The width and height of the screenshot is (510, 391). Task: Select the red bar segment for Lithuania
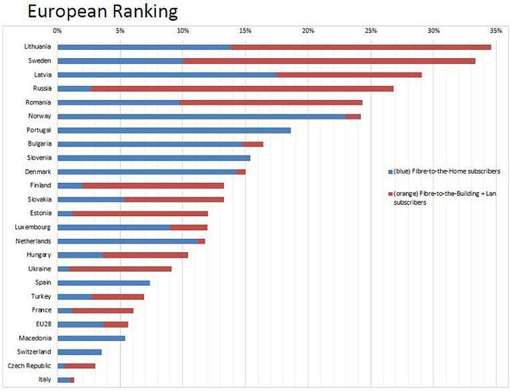[361, 47]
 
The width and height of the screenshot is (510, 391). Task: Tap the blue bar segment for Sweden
[120, 61]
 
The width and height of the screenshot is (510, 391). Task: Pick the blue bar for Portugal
[174, 130]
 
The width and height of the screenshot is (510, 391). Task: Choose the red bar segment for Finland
[153, 185]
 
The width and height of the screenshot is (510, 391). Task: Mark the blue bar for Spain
[103, 283]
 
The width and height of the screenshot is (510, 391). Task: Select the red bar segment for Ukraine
[120, 269]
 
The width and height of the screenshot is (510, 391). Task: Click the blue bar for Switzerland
[79, 352]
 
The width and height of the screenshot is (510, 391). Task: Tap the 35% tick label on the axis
[495, 31]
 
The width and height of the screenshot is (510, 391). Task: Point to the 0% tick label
[57, 31]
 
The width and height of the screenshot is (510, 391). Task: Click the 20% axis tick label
[308, 31]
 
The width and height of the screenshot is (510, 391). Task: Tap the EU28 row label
[43, 324]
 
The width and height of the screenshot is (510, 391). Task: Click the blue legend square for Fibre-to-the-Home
[390, 171]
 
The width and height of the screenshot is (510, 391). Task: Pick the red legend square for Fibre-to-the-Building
[390, 194]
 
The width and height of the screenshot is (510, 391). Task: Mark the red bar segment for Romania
[271, 102]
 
